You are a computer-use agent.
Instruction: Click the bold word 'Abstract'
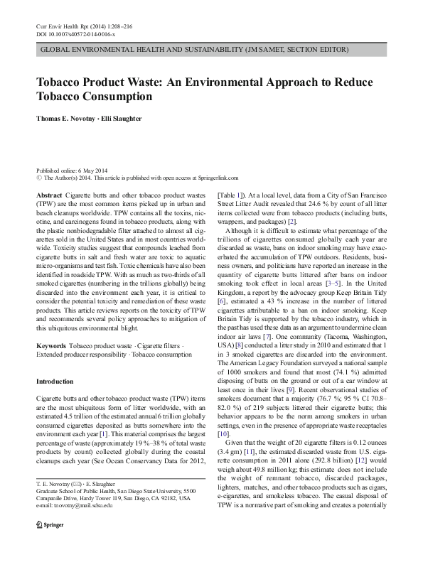pyautogui.click(x=48, y=195)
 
